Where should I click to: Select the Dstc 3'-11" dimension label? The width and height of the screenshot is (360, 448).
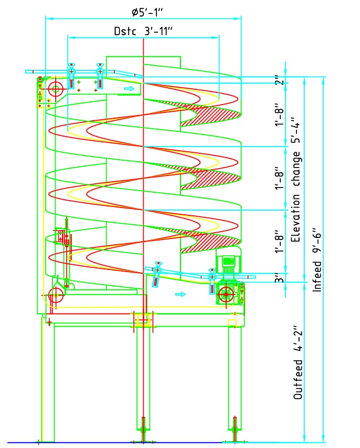point(143,31)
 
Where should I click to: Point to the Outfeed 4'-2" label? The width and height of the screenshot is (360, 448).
point(298,379)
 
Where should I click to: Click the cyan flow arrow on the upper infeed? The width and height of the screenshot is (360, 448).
point(129,89)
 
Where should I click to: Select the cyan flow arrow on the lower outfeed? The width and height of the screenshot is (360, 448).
point(180,294)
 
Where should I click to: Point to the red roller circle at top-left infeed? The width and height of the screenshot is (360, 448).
point(55,88)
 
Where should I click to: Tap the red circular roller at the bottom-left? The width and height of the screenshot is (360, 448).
point(56,296)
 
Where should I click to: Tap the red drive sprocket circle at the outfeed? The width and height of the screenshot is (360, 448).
point(226,294)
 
